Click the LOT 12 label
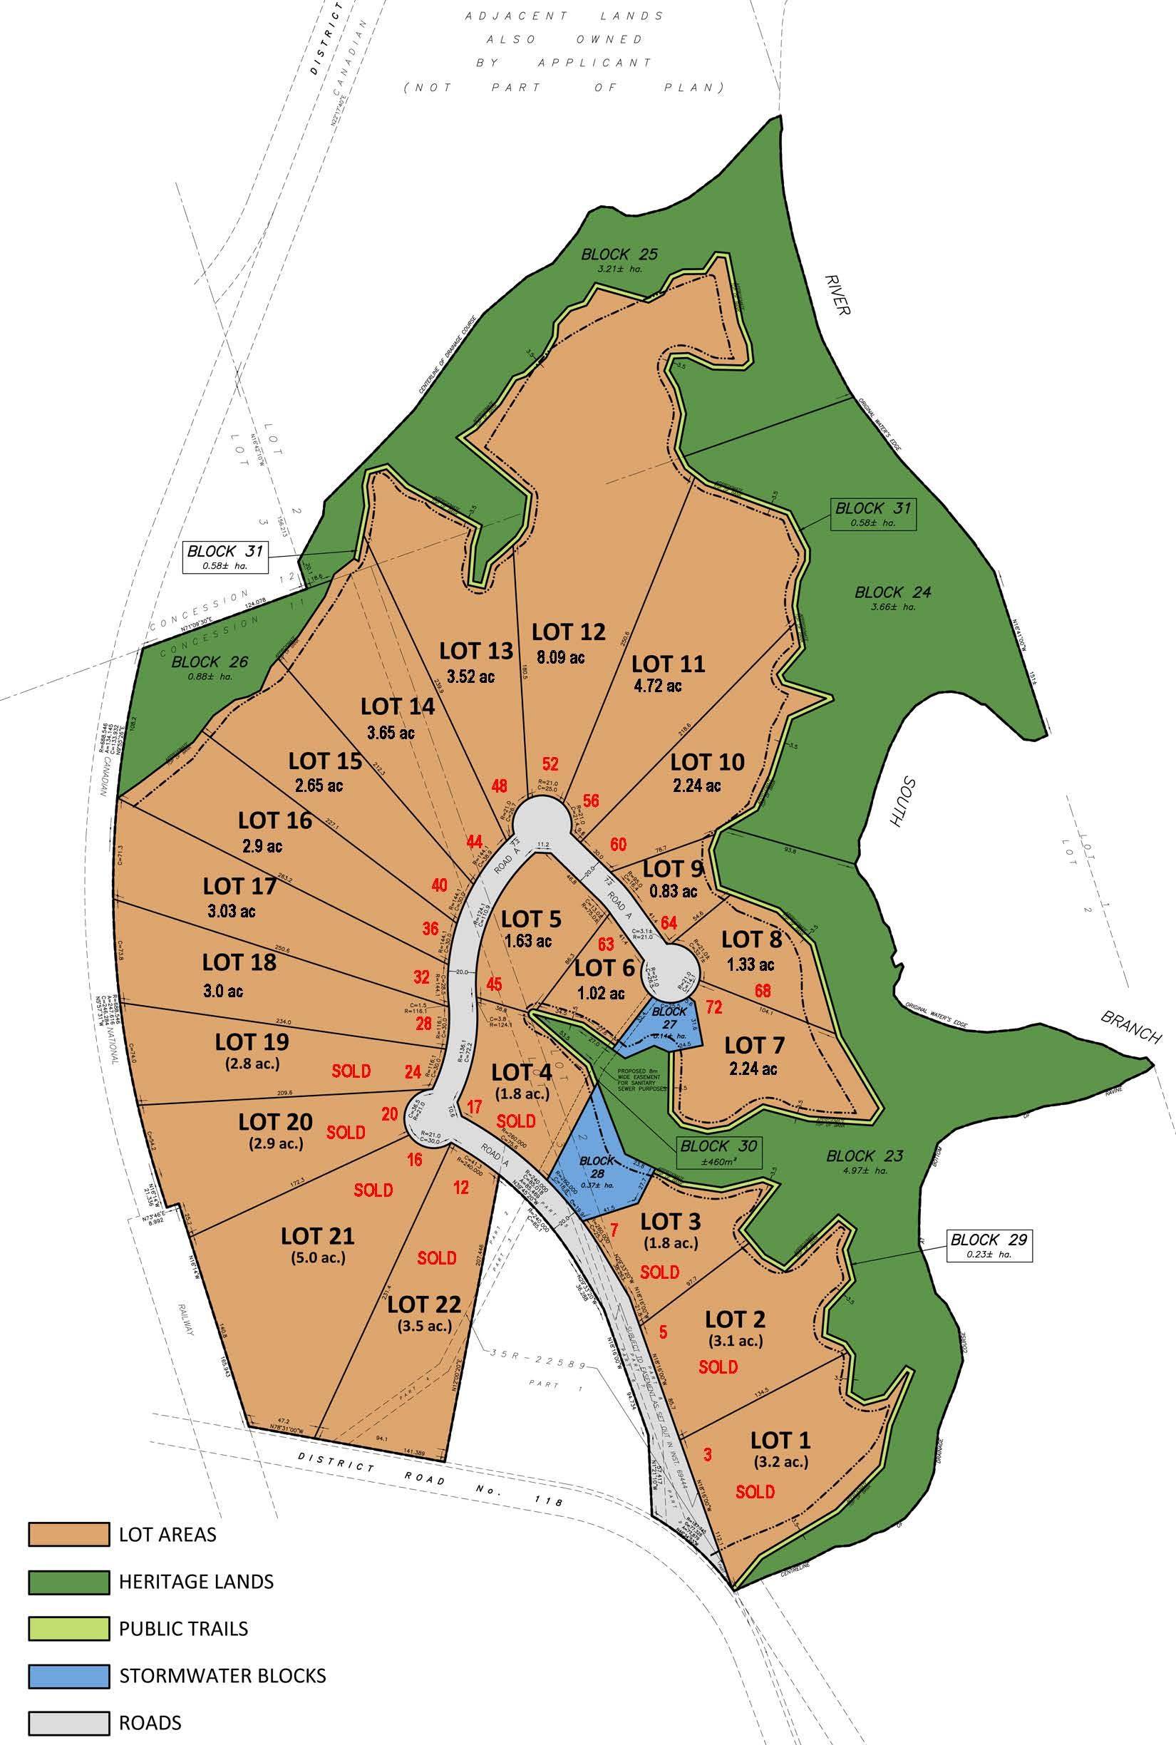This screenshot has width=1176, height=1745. [568, 632]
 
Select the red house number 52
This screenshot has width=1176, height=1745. [550, 764]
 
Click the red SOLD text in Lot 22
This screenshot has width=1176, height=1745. [436, 1257]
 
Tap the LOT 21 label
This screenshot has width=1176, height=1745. [317, 1235]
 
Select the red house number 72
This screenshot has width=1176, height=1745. [713, 1007]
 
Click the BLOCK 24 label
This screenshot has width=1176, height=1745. [892, 592]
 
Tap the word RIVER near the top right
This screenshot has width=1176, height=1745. [835, 294]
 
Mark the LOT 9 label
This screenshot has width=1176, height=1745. [673, 869]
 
